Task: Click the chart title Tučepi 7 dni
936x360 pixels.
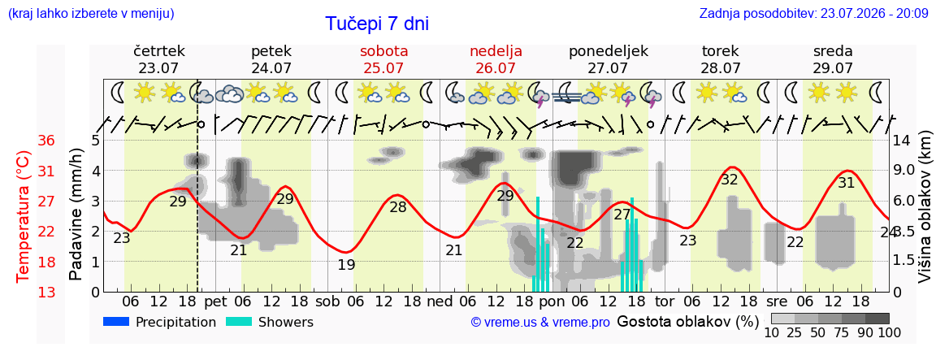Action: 377,24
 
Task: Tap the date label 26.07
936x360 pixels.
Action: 496,68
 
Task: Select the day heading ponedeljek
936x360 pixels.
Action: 609,52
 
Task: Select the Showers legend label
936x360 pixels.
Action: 285,323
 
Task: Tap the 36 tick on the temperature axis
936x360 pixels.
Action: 46,141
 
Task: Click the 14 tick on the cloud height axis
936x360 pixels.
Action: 902,141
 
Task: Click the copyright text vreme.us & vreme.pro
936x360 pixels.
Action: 540,323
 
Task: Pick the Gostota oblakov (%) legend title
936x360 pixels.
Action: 687,322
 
